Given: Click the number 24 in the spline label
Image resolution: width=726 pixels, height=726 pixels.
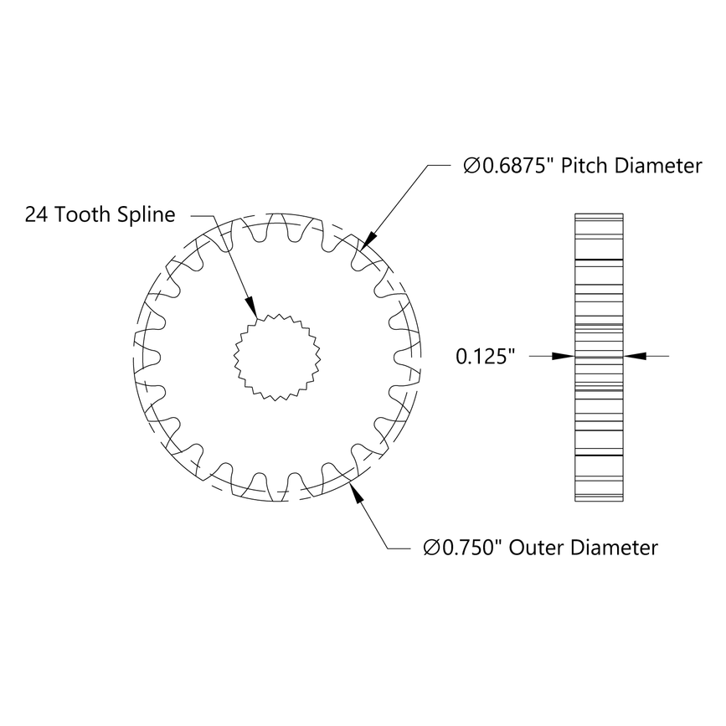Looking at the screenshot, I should (x=35, y=214).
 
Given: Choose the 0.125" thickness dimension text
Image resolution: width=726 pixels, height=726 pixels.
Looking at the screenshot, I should (x=483, y=357).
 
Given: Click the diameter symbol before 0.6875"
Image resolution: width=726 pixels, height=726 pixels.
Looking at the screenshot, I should (x=471, y=167).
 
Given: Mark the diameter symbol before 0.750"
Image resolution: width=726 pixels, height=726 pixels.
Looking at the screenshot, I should (x=431, y=548).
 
